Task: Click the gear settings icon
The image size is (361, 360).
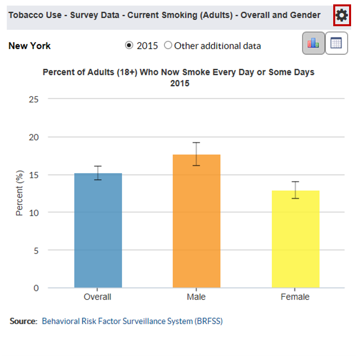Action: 342,15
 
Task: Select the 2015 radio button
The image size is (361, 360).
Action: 129,45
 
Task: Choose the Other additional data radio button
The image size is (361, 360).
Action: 168,45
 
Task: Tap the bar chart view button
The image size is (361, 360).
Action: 313,43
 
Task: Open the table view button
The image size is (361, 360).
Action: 336,43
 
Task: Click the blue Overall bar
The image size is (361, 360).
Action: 98,230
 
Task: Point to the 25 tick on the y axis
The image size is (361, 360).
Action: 34,99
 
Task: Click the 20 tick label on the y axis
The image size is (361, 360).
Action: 34,137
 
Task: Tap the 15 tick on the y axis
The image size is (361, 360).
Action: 34,175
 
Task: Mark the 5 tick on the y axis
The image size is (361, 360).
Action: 36,250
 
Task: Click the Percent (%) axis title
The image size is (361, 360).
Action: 19,193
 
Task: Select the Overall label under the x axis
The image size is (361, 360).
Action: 98,297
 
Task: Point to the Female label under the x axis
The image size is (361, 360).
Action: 295,297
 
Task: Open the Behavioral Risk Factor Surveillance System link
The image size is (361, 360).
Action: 132,321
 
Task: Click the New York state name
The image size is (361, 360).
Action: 30,46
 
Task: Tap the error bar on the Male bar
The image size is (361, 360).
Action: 196,154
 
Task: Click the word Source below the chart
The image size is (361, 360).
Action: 23,321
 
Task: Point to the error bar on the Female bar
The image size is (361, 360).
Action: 296,190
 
